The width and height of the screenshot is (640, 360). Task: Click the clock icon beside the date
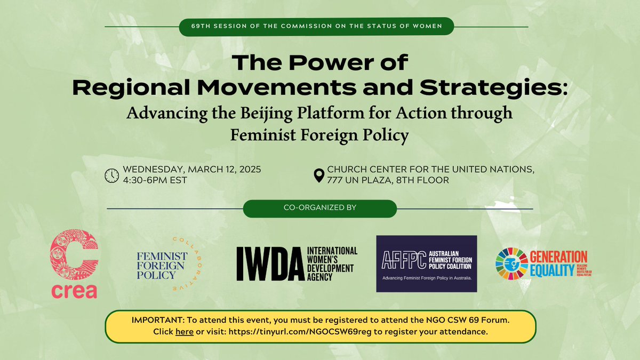pyautogui.click(x=111, y=175)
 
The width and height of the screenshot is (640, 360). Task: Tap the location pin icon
pyautogui.click(x=319, y=175)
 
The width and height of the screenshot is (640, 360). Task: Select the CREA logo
pyautogui.click(x=74, y=265)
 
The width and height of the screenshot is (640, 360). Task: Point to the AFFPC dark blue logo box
pyautogui.click(x=427, y=263)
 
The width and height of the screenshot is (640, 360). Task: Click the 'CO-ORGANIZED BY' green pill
pyautogui.click(x=320, y=209)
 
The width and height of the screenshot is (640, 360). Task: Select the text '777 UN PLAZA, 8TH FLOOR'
pyautogui.click(x=388, y=180)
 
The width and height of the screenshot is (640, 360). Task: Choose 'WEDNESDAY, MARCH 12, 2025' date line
pyautogui.click(x=193, y=170)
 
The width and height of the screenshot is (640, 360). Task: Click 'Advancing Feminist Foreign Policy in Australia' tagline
pyautogui.click(x=427, y=278)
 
